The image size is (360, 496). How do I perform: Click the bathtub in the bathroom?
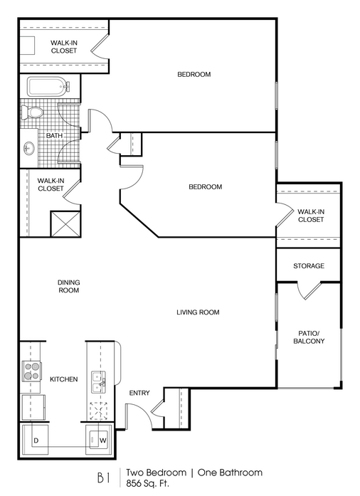pos(48,86)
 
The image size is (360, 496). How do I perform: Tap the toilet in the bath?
pos(32,113)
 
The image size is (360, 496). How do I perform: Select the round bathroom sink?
pos(29,148)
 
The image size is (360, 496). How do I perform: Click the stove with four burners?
pos(31,371)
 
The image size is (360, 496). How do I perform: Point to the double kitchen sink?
pos(98,382)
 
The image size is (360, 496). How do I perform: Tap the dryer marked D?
pos(35,440)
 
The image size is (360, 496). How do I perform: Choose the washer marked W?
pos(99,440)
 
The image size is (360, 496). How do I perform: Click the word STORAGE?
pos(309,265)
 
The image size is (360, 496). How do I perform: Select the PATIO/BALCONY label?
pos(309,337)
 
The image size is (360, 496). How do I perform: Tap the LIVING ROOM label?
pos(198,312)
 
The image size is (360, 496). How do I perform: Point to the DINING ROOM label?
pos(68,286)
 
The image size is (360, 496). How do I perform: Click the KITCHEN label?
pos(63,379)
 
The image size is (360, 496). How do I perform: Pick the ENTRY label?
pos(139,393)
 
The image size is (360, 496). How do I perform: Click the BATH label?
pos(54,135)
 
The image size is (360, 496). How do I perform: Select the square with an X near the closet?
pos(65,224)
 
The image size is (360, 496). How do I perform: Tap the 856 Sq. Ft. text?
pos(147,483)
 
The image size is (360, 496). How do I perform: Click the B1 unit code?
pos(103,478)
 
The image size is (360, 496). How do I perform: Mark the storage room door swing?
pos(309,290)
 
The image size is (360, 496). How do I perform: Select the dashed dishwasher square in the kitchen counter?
pos(98,411)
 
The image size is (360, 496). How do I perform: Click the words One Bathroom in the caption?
pos(230,473)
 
